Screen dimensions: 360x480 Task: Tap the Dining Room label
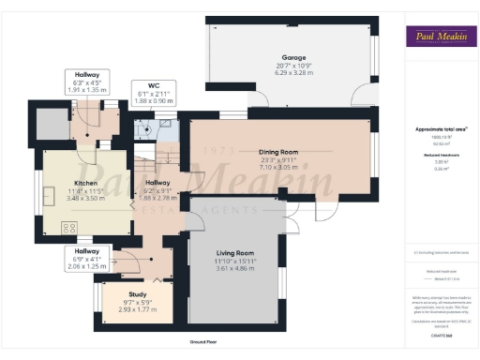(278, 151)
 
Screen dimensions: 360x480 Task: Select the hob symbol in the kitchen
(68, 227)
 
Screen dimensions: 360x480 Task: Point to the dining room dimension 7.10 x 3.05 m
(278, 166)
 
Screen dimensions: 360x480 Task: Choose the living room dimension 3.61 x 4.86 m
(235, 267)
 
